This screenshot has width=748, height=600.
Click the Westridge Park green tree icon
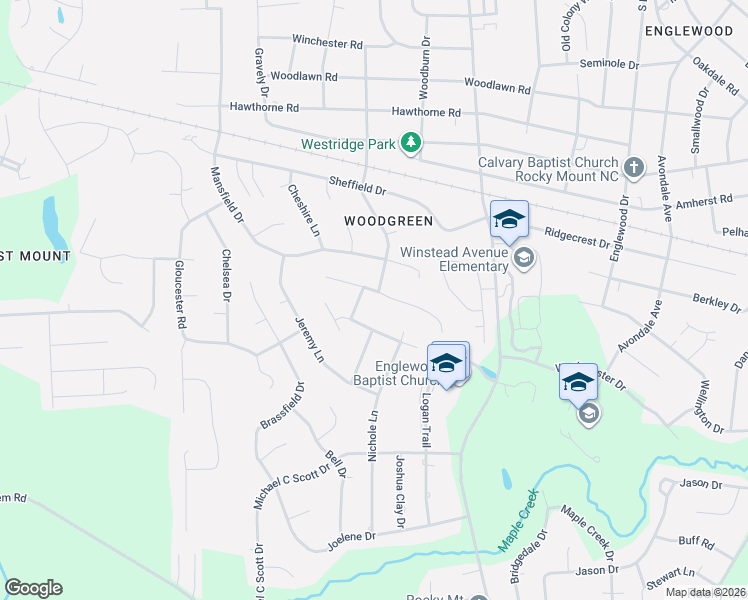[x=410, y=144]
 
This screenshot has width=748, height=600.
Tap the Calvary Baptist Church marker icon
[x=633, y=168]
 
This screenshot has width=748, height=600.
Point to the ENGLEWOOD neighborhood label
[x=689, y=31]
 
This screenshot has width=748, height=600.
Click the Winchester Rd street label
[x=327, y=42]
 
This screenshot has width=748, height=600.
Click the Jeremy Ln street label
[x=310, y=339]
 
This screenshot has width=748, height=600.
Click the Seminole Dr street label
[x=609, y=63]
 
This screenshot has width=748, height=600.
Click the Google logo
[x=33, y=588]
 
